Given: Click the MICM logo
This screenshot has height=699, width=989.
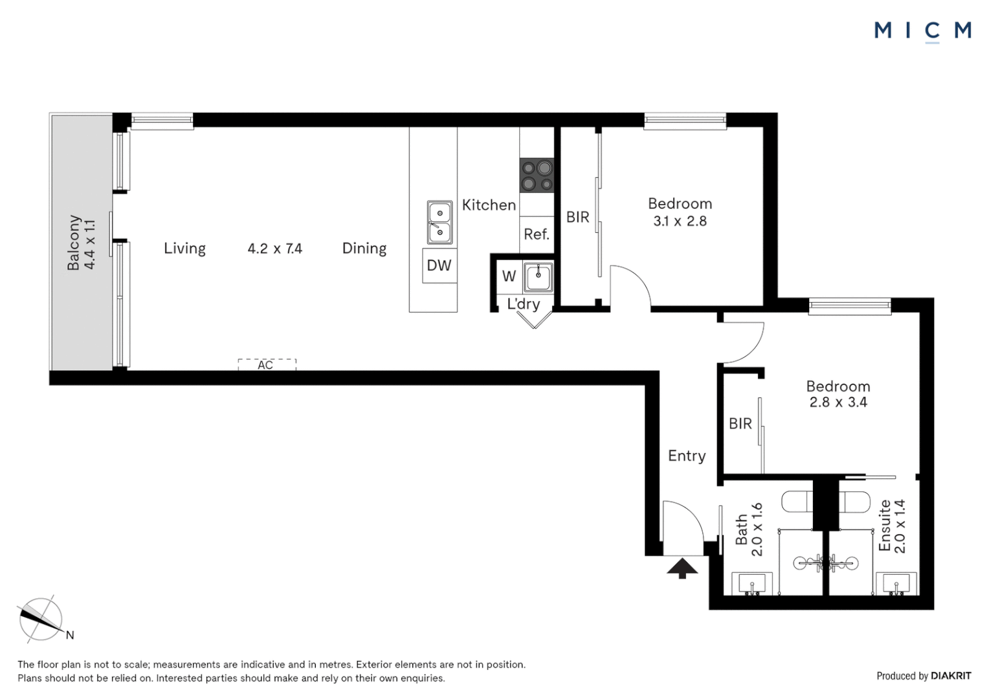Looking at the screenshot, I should (922, 30).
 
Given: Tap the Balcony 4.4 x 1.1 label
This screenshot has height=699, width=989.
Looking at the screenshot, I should (82, 243).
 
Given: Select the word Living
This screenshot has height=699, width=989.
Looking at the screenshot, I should (184, 249).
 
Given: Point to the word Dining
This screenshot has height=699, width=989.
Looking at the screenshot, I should (364, 249).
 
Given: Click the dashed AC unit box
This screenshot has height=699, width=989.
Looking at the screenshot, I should (267, 364).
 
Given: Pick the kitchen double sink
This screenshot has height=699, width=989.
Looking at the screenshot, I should (439, 222).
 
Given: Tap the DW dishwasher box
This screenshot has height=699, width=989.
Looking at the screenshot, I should (439, 265).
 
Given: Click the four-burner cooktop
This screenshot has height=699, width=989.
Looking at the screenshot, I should (537, 175).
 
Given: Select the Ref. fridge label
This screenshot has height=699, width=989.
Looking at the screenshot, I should (537, 234).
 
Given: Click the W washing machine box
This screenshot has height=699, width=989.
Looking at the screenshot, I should (509, 276).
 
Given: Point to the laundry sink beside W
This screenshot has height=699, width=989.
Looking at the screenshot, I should (538, 278).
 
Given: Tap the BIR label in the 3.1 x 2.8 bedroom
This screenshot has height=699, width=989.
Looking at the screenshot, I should (577, 217).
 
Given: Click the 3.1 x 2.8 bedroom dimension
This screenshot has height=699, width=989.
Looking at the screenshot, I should (680, 221).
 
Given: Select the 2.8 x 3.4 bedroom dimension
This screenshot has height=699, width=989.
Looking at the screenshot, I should (838, 402).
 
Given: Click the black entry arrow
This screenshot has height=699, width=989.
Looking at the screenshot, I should (682, 568).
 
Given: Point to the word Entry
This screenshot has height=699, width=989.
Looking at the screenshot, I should (687, 456).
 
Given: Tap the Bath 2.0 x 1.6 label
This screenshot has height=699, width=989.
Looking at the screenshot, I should (749, 529).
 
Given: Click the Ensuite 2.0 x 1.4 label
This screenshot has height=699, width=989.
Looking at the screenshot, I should (892, 526).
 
